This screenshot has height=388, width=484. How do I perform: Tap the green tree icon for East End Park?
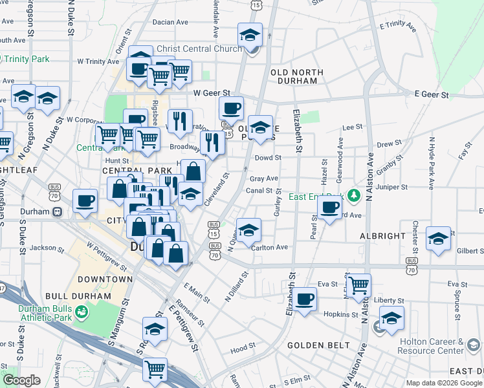coord(353,195)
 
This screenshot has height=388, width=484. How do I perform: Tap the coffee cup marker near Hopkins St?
coord(304,299)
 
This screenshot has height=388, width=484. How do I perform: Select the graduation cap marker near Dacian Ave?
coord(249,36)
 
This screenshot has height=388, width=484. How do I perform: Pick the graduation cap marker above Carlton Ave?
coord(248,230)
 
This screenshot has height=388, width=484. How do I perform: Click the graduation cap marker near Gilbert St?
coord(438,239)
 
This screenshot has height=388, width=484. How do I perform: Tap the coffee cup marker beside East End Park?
coord(329,208)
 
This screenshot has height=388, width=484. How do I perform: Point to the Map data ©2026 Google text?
coord(444,383)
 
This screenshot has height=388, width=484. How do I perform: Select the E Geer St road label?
coord(432,95)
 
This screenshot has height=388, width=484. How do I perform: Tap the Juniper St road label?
coord(395,187)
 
